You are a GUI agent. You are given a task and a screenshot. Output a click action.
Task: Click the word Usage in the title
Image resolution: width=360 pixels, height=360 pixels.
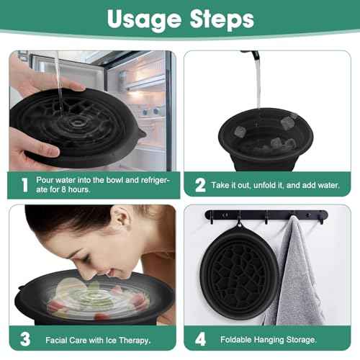[137, 19]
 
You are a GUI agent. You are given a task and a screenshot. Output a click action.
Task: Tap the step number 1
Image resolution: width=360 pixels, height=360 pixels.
[24, 185]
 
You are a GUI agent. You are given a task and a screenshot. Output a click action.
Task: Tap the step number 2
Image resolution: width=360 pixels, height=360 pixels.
[200, 185]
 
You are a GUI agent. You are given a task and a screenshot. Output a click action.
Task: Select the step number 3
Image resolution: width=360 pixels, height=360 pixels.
[24, 338]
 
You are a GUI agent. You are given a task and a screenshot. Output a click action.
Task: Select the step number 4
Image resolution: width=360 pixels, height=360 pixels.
[200, 338]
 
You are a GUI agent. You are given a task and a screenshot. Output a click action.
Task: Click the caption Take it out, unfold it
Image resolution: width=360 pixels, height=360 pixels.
[274, 186]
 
